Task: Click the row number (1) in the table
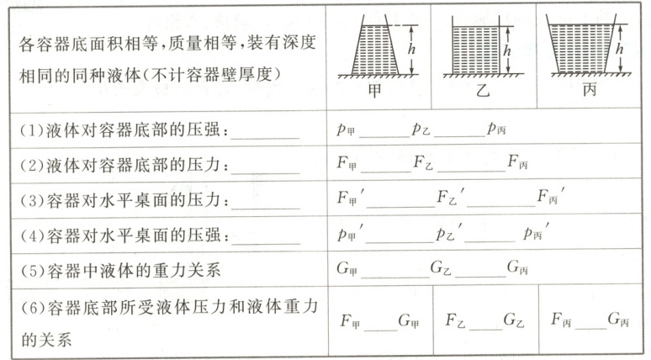point(28,130)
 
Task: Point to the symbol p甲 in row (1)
point(345,130)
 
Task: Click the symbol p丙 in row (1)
point(495,130)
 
